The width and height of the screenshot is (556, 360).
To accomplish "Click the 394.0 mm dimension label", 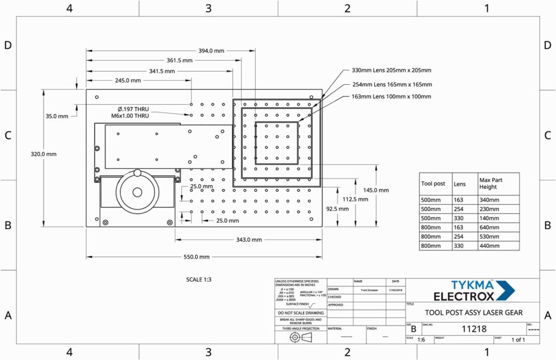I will tap(211, 50).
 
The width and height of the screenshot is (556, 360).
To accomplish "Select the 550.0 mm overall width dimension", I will tap(197, 257).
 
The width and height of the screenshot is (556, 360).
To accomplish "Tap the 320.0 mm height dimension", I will tap(43, 154).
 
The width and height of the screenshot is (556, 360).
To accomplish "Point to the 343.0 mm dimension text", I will tap(249, 239).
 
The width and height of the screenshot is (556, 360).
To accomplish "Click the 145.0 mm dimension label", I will tap(376, 190).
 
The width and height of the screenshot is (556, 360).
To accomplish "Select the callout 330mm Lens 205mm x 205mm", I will tap(391, 71).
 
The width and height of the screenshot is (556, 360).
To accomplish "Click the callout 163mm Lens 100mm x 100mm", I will tap(391, 97).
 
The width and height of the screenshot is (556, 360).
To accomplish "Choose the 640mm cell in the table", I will tap(490, 228).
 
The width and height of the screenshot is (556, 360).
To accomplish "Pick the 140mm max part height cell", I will tap(490, 218).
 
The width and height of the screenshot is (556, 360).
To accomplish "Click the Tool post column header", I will tap(433, 184).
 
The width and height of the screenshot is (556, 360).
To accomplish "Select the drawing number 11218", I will tap(474, 329).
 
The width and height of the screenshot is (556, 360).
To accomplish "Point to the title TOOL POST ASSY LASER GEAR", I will tap(473, 312).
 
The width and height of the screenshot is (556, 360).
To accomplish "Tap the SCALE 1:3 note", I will tap(198, 280).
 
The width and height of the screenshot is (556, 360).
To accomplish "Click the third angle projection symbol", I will tap(300, 337).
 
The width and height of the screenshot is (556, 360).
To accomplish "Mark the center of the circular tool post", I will tap(137, 192).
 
